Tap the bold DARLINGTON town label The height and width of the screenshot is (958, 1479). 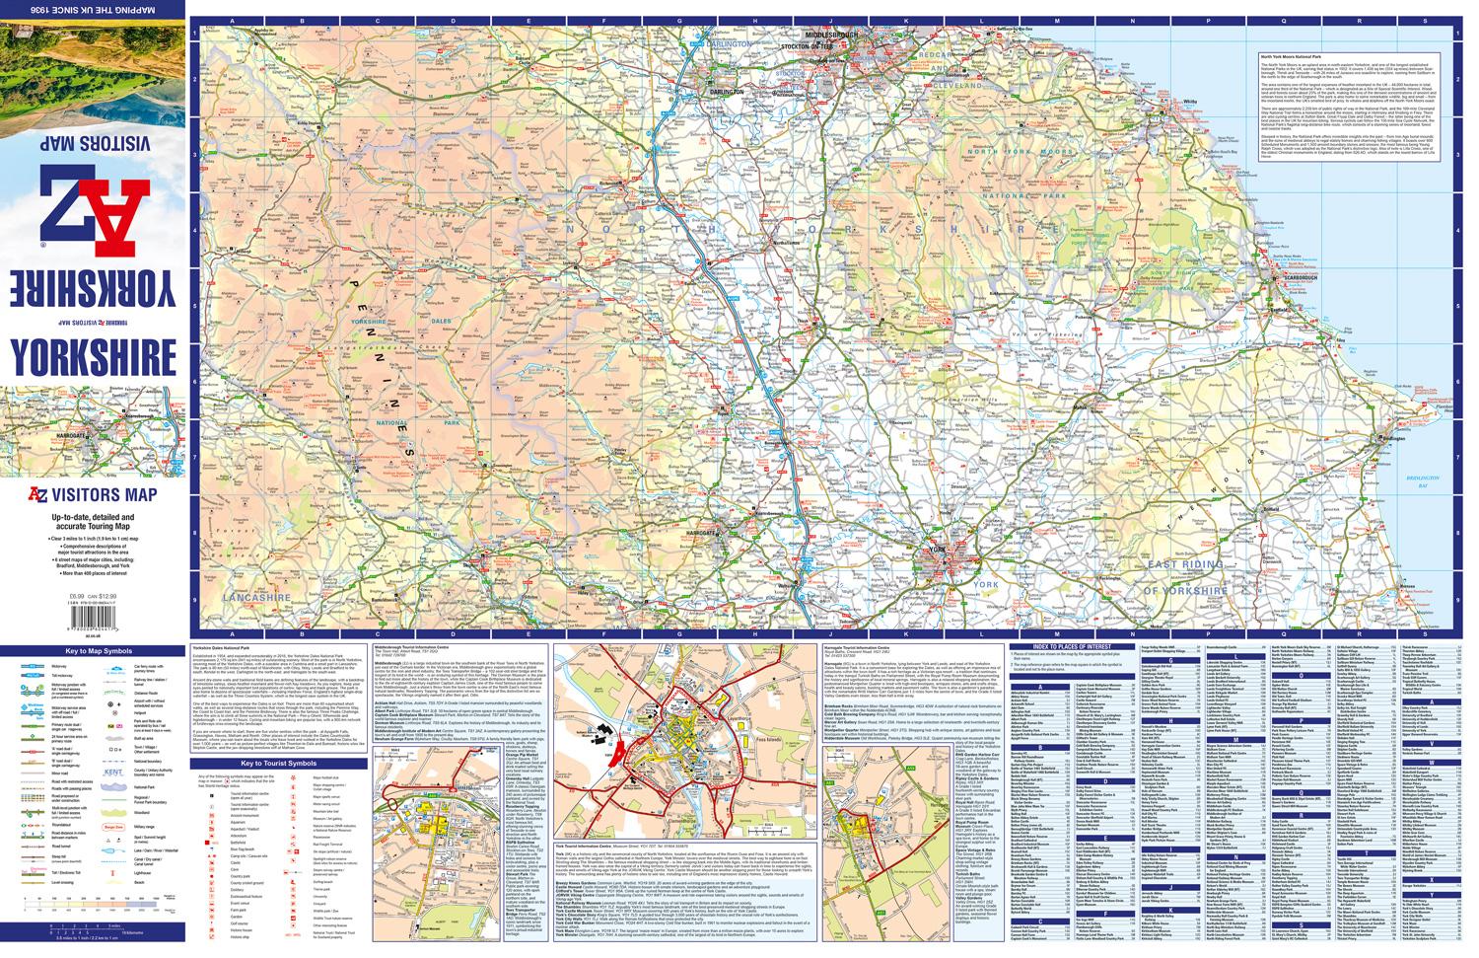tap(726, 91)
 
